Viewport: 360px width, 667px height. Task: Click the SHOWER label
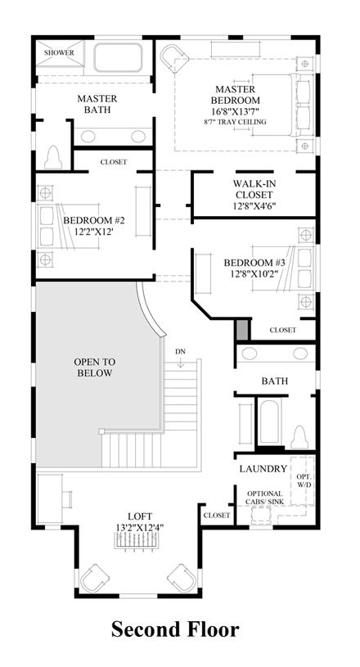tap(59, 52)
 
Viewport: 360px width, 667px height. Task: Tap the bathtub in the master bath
tap(117, 57)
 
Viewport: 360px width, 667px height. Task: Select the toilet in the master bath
tap(53, 157)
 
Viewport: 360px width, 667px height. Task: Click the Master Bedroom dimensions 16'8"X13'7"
tap(235, 111)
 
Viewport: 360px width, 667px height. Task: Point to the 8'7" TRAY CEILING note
tap(235, 122)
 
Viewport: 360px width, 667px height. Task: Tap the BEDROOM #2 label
tap(93, 220)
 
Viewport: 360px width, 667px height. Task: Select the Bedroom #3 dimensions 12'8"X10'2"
tap(254, 273)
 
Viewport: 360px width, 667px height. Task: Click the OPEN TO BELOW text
tap(94, 367)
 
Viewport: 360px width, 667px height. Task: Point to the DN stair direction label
tap(180, 352)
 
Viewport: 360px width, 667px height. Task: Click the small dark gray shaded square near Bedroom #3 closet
tap(242, 330)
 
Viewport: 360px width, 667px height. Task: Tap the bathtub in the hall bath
tap(268, 421)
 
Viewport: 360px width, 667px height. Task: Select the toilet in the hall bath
tap(299, 437)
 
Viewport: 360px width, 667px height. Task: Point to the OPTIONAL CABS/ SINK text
tap(265, 498)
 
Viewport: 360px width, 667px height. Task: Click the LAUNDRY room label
tap(263, 469)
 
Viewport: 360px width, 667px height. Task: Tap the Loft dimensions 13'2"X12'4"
tap(140, 526)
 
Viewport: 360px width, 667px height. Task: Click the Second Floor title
tap(175, 629)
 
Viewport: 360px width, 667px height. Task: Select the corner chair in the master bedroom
tap(173, 58)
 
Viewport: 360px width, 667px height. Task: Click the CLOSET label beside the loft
tap(217, 515)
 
